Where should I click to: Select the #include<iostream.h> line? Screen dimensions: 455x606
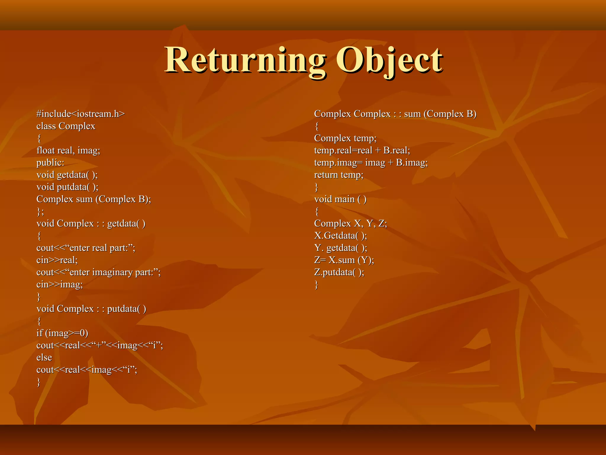pos(80,114)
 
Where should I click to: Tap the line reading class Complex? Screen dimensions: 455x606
pos(66,126)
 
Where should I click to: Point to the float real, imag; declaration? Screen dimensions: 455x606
pos(68,150)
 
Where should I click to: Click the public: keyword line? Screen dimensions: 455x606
pos(50,163)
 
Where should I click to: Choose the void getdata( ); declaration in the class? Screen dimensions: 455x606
pos(67,175)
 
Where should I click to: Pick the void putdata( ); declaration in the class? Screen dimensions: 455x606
pos(67,187)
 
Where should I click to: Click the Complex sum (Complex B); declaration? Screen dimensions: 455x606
pos(94,199)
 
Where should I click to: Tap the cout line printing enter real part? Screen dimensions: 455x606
pos(86,248)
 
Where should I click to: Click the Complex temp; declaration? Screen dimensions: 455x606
pos(345,138)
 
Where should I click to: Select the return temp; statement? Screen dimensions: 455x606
pos(339,175)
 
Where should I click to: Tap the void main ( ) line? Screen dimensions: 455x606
pos(340,199)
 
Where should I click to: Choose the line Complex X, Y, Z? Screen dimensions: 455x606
pos(350,223)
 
